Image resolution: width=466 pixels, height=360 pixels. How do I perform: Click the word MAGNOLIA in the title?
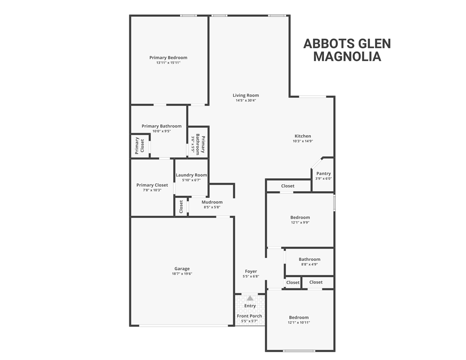(347, 57)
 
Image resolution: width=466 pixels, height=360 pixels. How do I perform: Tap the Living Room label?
(246, 96)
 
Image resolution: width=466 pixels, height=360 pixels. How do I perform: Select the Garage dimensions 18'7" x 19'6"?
(182, 274)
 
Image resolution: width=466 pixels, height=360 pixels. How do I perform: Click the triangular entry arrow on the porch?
(250, 299)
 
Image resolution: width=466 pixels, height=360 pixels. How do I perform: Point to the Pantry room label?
(324, 173)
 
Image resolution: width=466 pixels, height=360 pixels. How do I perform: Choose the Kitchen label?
(303, 136)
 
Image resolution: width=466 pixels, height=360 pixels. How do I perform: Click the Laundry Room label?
(191, 175)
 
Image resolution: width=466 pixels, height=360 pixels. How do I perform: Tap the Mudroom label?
(212, 202)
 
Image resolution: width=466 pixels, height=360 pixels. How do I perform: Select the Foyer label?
(251, 271)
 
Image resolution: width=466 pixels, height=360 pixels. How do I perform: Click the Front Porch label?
(249, 316)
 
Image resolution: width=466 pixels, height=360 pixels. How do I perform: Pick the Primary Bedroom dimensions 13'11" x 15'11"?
(168, 63)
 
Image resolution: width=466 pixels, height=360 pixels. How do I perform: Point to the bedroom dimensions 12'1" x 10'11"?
(299, 323)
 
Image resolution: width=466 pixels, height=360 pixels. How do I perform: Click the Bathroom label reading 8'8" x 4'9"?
(309, 259)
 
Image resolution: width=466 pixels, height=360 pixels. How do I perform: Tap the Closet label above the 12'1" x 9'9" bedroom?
(288, 186)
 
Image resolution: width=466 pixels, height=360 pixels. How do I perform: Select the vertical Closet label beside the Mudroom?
(181, 207)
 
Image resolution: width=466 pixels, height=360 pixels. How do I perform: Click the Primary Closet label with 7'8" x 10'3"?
(152, 185)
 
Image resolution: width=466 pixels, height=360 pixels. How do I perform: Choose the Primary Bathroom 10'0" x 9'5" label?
(162, 126)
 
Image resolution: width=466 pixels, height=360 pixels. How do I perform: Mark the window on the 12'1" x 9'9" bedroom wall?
(334, 203)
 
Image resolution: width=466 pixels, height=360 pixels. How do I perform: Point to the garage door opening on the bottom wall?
(184, 325)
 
